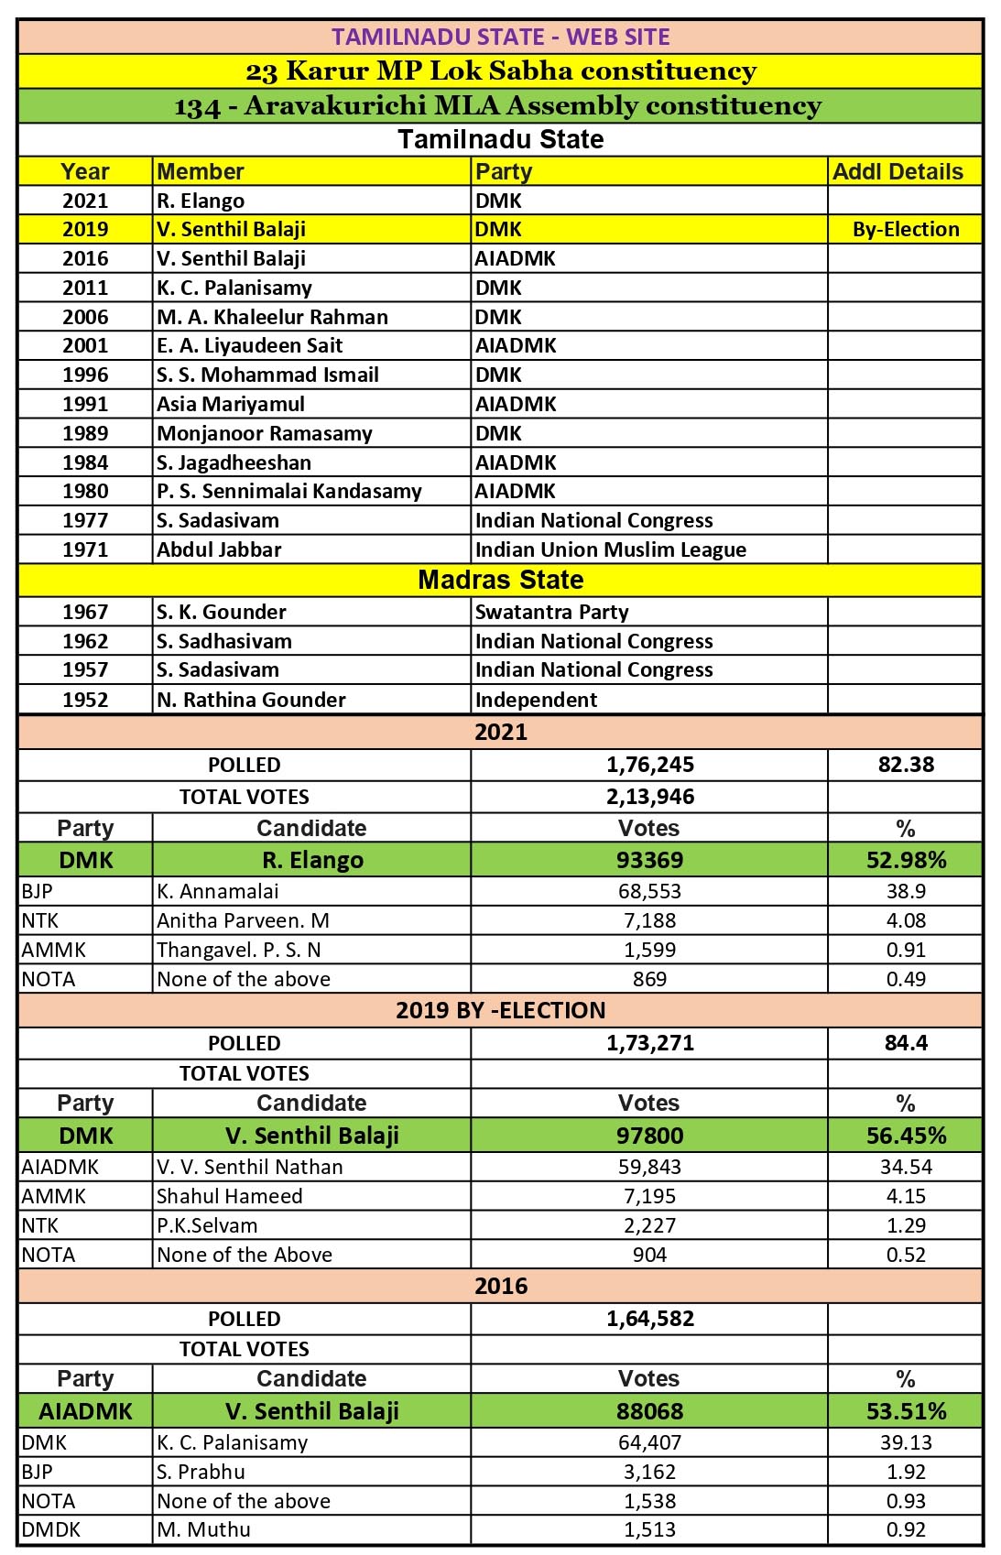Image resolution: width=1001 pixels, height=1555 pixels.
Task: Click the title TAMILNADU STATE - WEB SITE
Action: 500,37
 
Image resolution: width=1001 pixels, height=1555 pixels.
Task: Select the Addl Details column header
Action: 898,171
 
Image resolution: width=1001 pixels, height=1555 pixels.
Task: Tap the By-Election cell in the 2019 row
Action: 905,229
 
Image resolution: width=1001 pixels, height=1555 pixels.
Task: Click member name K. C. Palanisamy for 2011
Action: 234,288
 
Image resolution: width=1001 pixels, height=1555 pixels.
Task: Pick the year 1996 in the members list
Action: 85,375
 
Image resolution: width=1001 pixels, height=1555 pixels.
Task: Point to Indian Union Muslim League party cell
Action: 610,549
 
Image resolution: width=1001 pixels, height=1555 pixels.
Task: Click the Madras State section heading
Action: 500,580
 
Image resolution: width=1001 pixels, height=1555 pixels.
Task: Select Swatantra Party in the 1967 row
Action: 551,612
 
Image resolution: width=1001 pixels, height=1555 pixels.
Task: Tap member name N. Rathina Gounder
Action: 251,700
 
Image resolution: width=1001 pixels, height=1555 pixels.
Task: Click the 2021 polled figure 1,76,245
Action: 649,765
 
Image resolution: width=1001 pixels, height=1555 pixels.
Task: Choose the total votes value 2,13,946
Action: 649,797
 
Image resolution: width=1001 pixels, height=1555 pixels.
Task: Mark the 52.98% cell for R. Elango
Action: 905,860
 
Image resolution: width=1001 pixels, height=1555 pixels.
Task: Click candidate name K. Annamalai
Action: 218,891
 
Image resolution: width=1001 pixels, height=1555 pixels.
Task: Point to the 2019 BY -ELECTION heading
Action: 500,1010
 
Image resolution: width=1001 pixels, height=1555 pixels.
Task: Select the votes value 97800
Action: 649,1136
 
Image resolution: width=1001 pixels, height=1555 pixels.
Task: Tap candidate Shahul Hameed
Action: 229,1196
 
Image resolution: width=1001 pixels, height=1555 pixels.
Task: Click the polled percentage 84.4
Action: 905,1043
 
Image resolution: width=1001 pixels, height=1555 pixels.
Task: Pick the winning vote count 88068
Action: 649,1411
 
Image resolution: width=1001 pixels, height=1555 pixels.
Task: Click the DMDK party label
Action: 51,1529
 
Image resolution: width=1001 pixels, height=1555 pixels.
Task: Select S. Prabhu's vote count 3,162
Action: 649,1472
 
